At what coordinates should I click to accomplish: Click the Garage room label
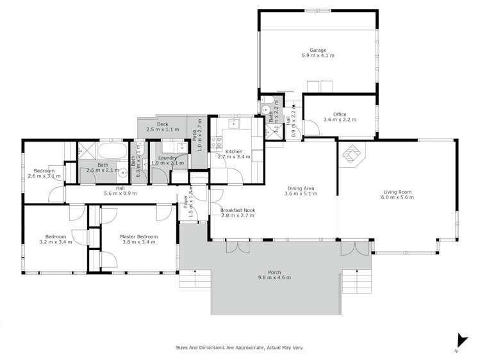pos(318,50)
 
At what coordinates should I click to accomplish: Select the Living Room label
pos(397,192)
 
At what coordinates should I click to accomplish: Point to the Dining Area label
pos(300,188)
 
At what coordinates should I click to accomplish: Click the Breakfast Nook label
pos(237,210)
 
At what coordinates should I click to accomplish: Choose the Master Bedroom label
pos(138,236)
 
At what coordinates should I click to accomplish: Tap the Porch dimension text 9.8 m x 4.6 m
pos(275,277)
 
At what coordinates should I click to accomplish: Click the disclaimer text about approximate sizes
pos(240,348)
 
